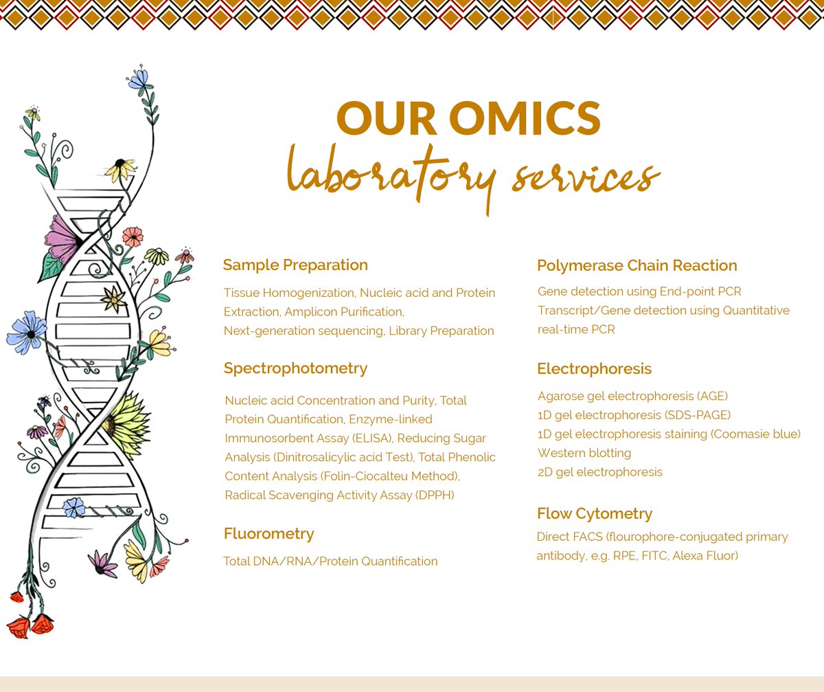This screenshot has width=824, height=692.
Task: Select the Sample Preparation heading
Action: (x=295, y=265)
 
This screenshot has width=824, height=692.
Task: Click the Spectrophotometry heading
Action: (x=295, y=368)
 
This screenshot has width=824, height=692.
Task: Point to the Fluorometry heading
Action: (x=268, y=534)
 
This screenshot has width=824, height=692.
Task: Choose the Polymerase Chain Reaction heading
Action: (x=637, y=266)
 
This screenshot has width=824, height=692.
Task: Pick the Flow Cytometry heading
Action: (x=594, y=514)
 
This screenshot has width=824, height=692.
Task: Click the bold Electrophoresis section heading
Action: (x=594, y=369)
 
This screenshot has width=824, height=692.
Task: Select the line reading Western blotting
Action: (x=584, y=453)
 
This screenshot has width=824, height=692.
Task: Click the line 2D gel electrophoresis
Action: (x=599, y=472)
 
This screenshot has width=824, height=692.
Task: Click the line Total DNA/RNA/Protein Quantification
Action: (x=330, y=561)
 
